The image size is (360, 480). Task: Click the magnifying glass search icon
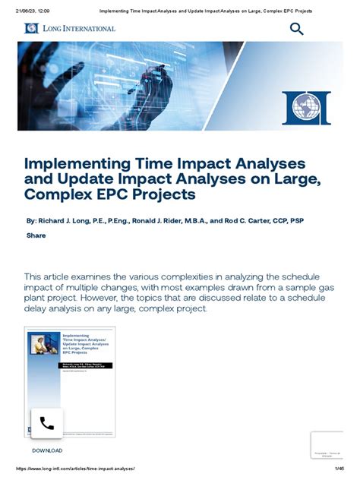tap(296, 29)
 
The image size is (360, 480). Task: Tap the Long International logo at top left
tap(70, 28)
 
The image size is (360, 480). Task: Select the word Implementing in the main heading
tap(81, 164)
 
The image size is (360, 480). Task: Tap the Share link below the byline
tap(36, 235)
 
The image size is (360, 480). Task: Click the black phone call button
tap(46, 423)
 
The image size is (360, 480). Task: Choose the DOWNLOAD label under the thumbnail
tap(47, 450)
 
